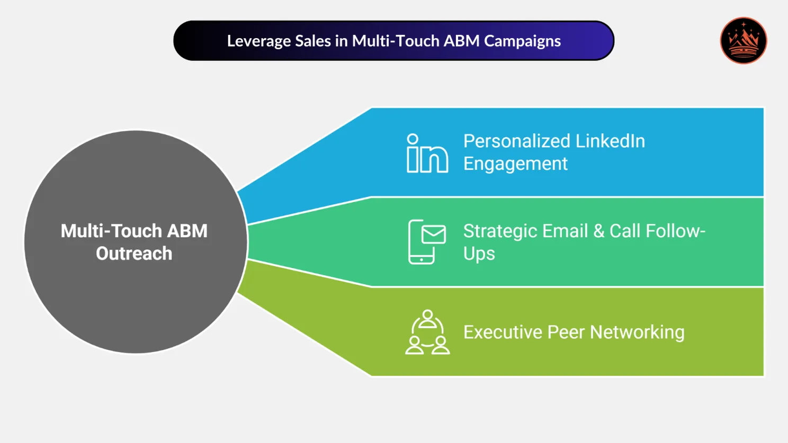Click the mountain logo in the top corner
[x=743, y=41]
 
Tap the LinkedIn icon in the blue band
[x=427, y=153]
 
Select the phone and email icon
[x=426, y=242]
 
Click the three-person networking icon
[x=427, y=332]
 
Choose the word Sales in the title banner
[x=312, y=41]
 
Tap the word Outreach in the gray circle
[x=134, y=254]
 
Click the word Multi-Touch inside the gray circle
[x=111, y=231]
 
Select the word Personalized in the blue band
[x=516, y=141]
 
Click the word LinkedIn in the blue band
[x=610, y=141]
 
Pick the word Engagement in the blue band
[x=515, y=164]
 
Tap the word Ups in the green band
[x=479, y=254]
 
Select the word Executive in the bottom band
[x=503, y=332]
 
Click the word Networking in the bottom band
[x=637, y=332]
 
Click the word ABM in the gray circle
[x=187, y=231]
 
